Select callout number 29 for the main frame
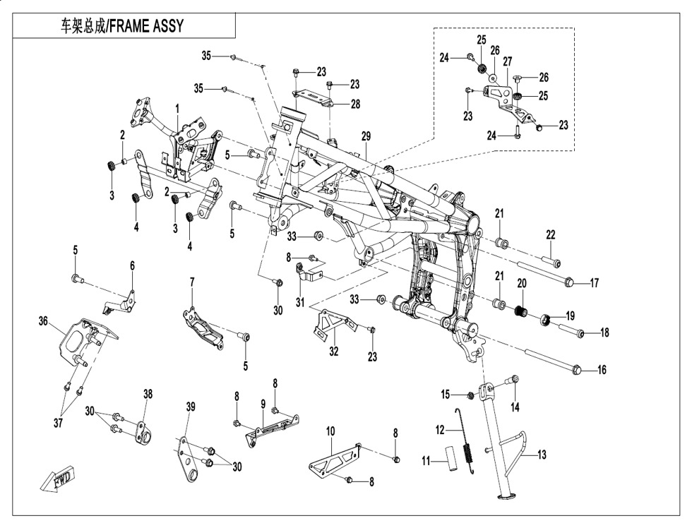pyautogui.click(x=366, y=136)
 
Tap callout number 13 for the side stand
pyautogui.click(x=542, y=455)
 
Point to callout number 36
pyautogui.click(x=43, y=321)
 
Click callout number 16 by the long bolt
pyautogui.click(x=601, y=370)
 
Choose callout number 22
pyautogui.click(x=551, y=235)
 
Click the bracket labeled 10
pyautogui.click(x=332, y=462)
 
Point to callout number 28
pyautogui.click(x=355, y=104)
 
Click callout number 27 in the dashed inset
pyautogui.click(x=507, y=62)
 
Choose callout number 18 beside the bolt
pyautogui.click(x=604, y=332)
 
